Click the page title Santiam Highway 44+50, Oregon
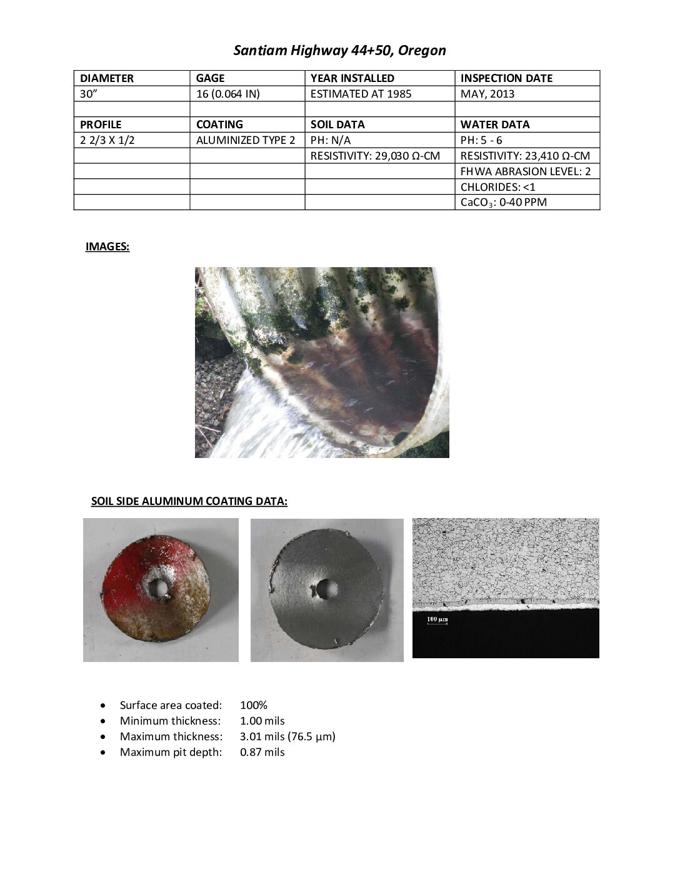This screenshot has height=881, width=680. coord(339,51)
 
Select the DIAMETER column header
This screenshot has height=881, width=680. coord(107,78)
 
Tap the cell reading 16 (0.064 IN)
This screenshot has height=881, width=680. coord(224,94)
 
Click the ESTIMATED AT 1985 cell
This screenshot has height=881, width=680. coord(361,94)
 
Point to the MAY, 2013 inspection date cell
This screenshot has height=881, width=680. coord(487,94)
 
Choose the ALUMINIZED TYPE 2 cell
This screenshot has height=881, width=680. coord(246,140)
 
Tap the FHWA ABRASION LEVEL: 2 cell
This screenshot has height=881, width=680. coord(526,171)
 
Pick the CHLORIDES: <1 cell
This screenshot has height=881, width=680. coord(498,186)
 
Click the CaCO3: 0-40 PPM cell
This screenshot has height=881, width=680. coord(503,202)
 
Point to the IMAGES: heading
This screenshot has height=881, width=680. coord(107,247)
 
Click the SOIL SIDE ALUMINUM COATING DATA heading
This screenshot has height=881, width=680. coord(189,501)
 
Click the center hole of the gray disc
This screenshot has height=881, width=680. coord(326,588)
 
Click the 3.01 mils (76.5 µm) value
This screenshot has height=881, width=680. coord(287,736)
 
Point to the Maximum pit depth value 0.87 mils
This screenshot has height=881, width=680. coord(262,752)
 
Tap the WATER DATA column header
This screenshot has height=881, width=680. coord(495,125)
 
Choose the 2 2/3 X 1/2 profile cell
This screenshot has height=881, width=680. coord(107,140)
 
